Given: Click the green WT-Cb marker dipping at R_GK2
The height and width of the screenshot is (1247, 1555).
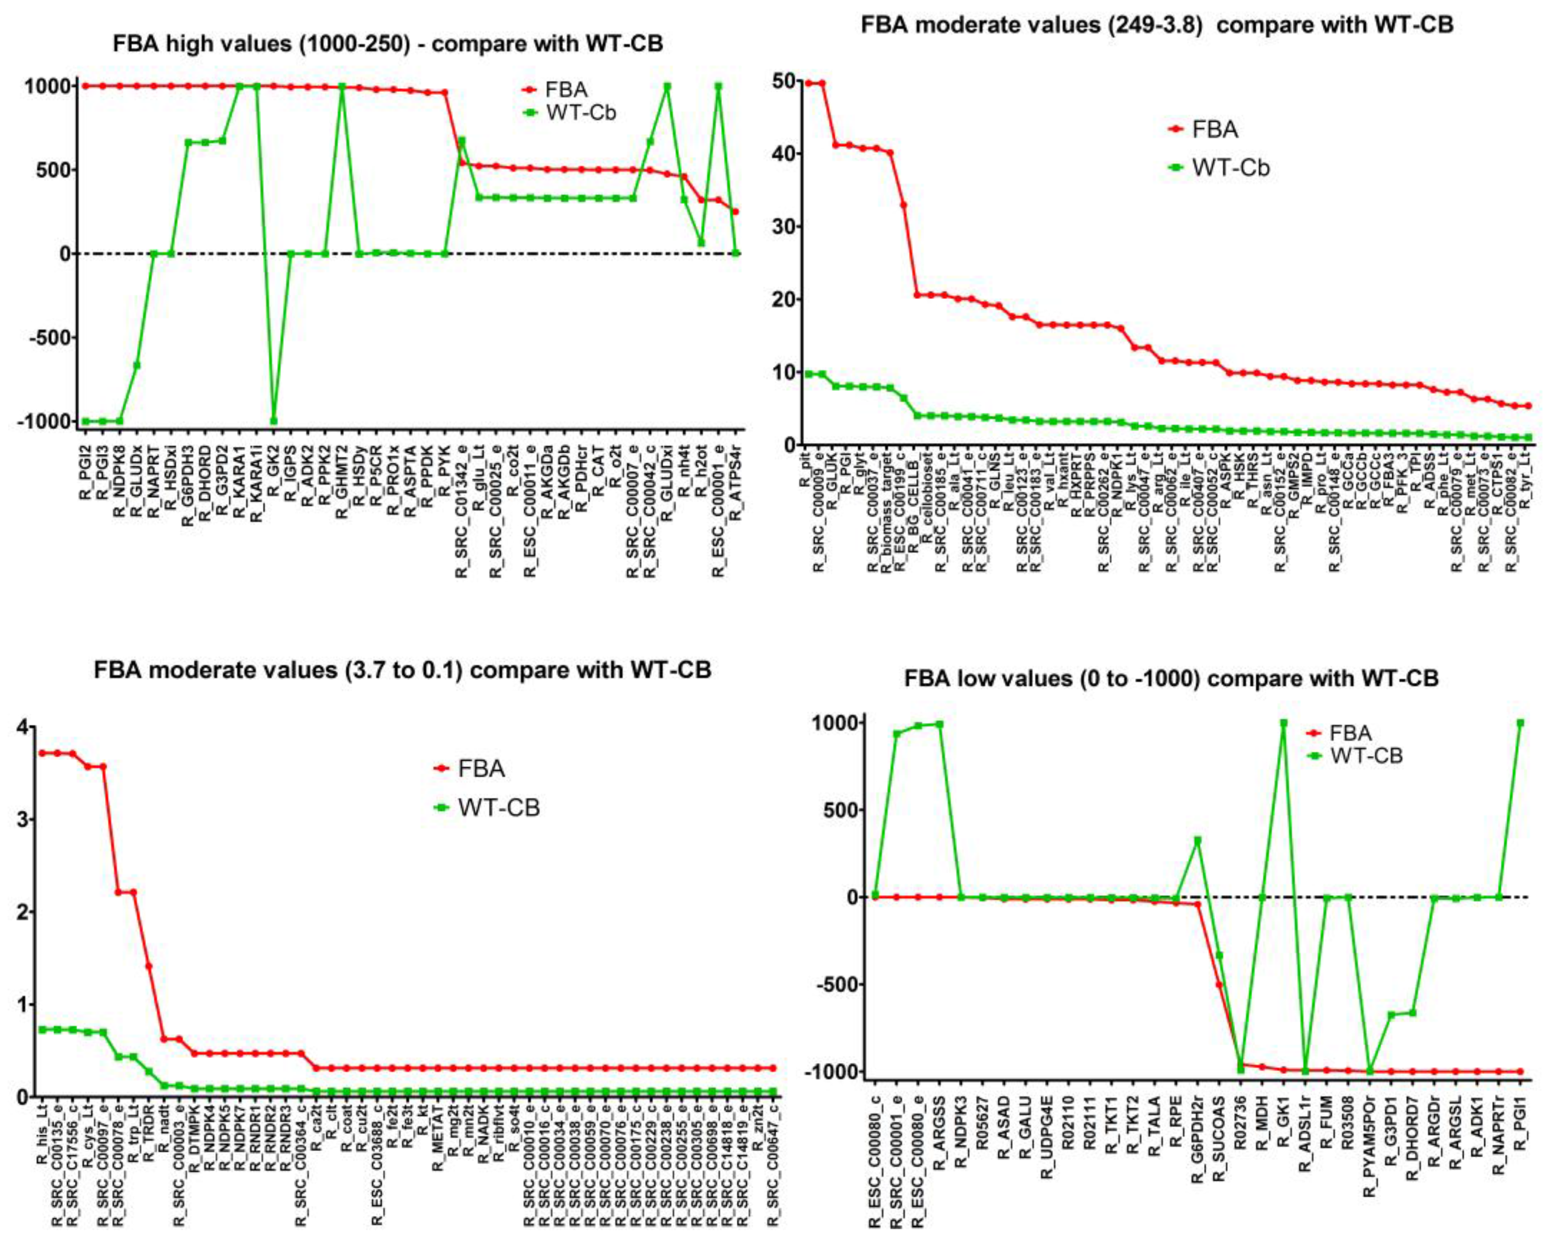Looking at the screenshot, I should pyautogui.click(x=273, y=421).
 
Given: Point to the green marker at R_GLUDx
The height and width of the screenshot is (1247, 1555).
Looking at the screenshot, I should pyautogui.click(x=136, y=365).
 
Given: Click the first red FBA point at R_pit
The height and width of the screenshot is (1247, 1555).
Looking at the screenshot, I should pyautogui.click(x=809, y=83).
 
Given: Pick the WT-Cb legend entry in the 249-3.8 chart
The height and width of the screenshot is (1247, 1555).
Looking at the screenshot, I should pyautogui.click(x=1219, y=168).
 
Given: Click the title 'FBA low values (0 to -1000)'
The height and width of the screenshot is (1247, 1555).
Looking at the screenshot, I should pyautogui.click(x=1171, y=679).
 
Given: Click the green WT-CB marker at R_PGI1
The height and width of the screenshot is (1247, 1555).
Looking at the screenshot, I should pyautogui.click(x=1520, y=722).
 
